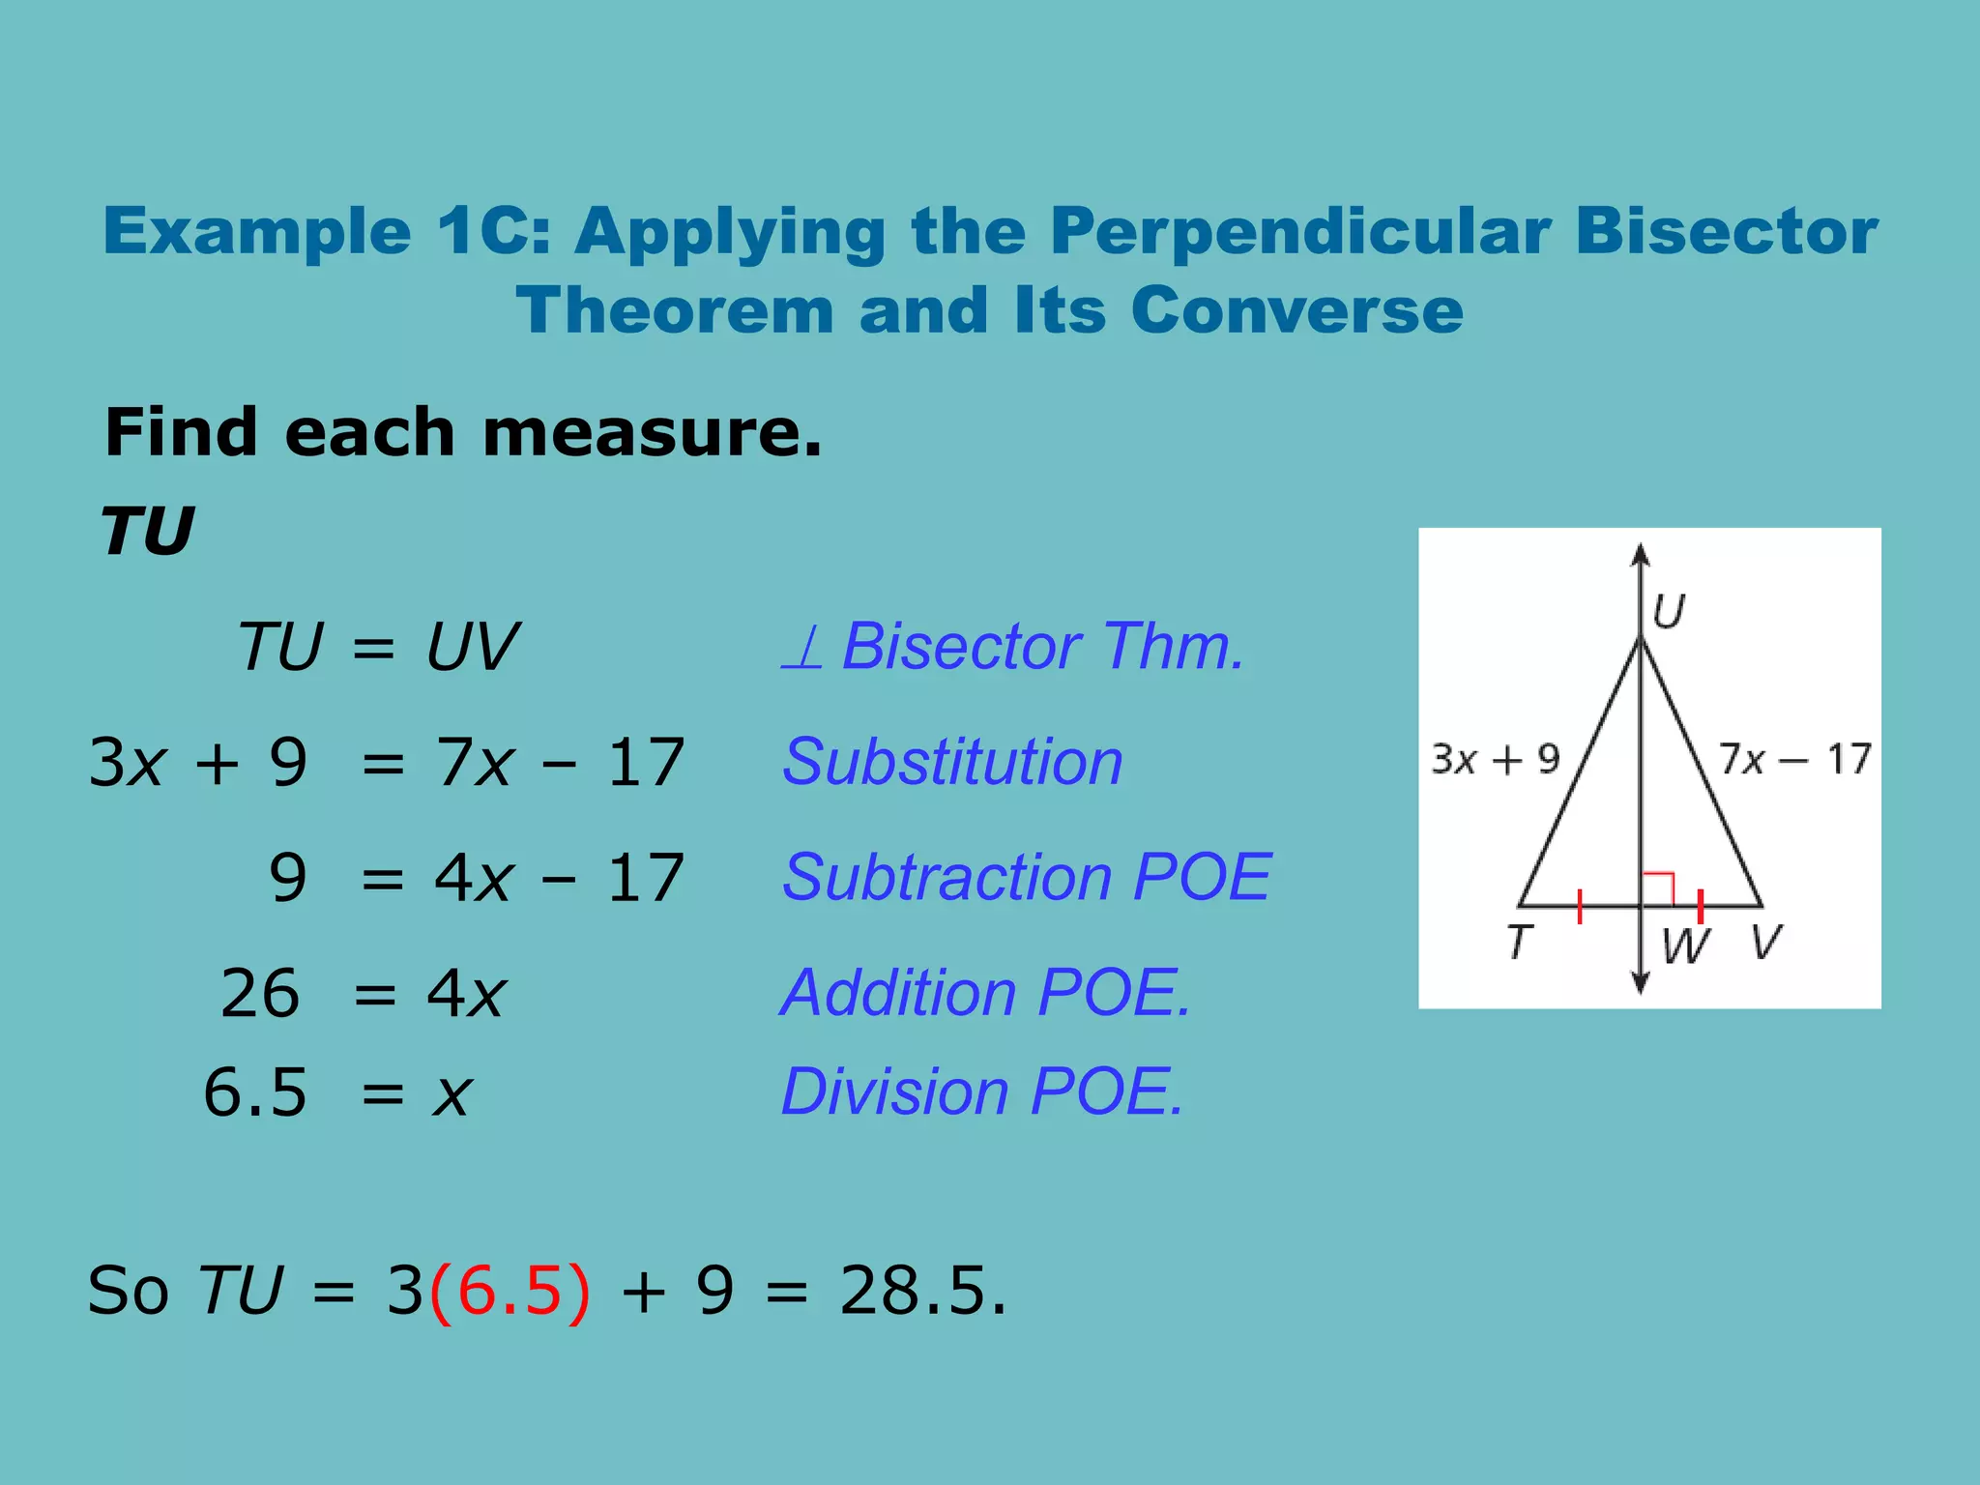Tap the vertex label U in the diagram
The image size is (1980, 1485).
click(x=1669, y=611)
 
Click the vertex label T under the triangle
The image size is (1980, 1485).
click(x=1520, y=942)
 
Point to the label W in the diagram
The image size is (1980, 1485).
click(x=1685, y=946)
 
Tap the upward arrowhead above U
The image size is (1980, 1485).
click(x=1641, y=555)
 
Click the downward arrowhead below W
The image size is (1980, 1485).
click(x=1641, y=983)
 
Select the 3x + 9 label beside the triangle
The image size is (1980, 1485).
click(x=1495, y=760)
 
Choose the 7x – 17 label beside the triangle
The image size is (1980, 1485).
click(x=1794, y=760)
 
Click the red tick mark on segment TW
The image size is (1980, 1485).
click(x=1580, y=907)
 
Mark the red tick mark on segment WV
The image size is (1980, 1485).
click(x=1701, y=907)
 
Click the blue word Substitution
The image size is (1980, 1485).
click(x=952, y=762)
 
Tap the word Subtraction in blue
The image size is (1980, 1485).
click(x=948, y=878)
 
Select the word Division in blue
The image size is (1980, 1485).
click(x=895, y=1092)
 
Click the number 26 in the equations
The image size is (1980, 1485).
click(x=259, y=994)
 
